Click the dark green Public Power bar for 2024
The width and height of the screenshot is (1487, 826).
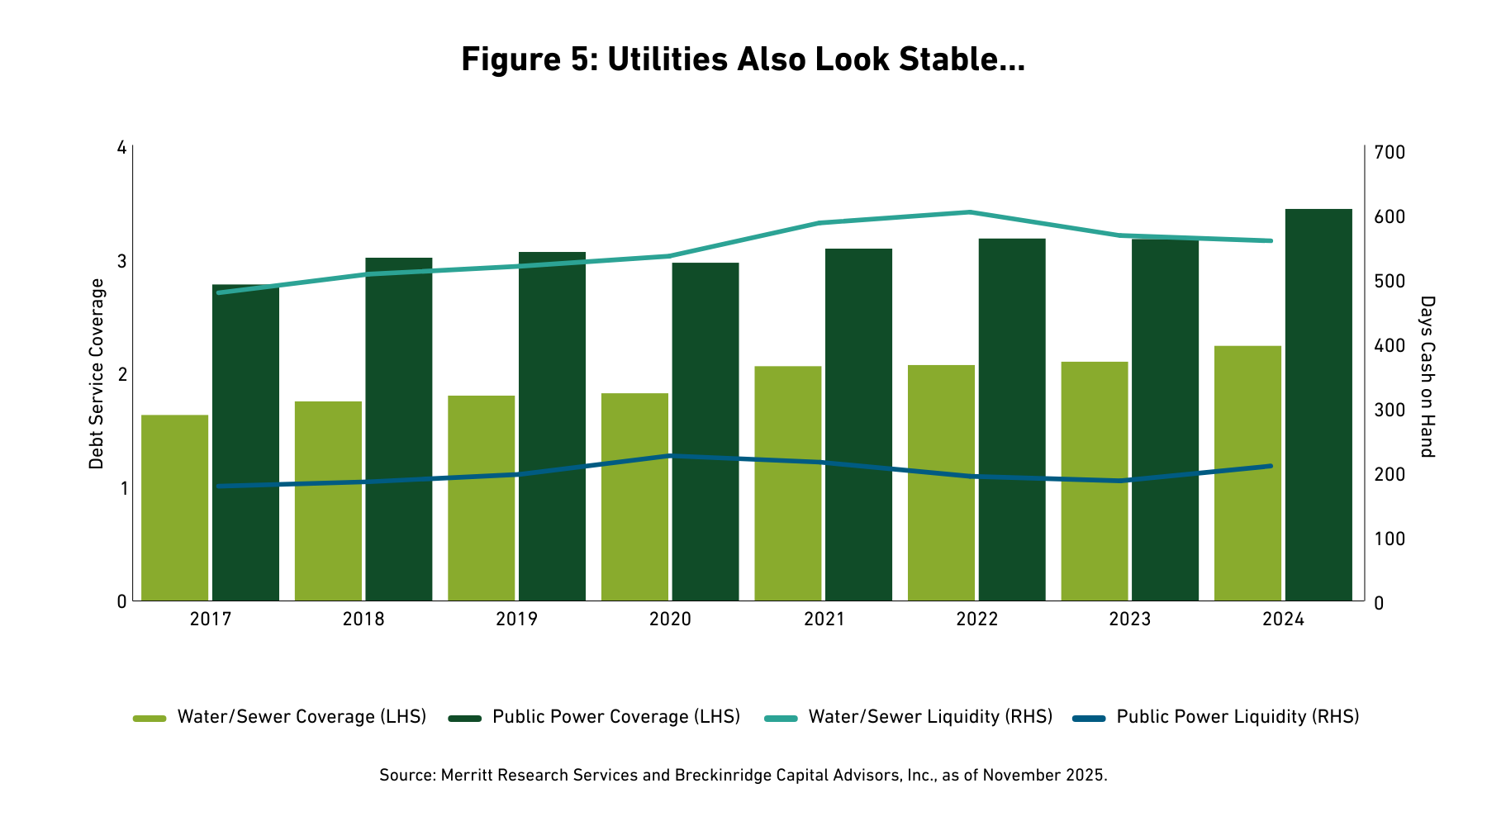pyautogui.click(x=1318, y=405)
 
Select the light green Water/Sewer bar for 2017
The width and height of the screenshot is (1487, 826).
pyautogui.click(x=175, y=507)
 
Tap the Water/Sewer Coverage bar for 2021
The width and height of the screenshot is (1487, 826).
pyautogui.click(x=788, y=483)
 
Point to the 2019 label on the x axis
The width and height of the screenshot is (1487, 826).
pyautogui.click(x=516, y=619)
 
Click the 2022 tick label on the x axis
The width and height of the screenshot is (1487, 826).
pyautogui.click(x=977, y=619)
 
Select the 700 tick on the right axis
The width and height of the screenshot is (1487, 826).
pyautogui.click(x=1390, y=153)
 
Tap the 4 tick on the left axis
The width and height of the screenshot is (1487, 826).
pyautogui.click(x=122, y=149)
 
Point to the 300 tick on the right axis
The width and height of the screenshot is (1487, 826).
pyautogui.click(x=1390, y=410)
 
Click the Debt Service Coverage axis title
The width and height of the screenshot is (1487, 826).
pyautogui.click(x=97, y=374)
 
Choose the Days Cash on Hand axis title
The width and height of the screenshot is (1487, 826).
pyautogui.click(x=1427, y=376)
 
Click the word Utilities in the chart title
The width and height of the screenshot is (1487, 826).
pyautogui.click(x=667, y=59)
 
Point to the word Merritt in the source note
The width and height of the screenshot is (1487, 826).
pyautogui.click(x=468, y=776)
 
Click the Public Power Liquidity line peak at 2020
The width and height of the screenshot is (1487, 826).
pyautogui.click(x=670, y=456)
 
